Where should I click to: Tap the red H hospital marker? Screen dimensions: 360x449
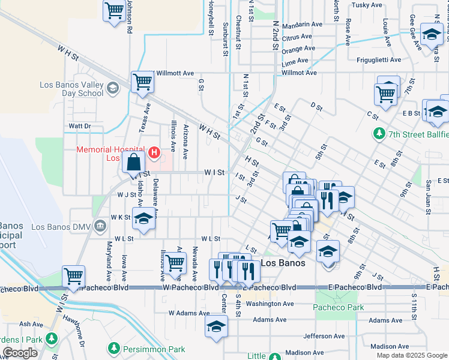(x=154, y=153)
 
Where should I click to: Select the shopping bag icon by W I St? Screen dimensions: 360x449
(x=133, y=162)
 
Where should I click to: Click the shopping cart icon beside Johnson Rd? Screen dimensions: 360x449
(x=113, y=11)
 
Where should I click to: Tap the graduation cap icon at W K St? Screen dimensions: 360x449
(x=144, y=219)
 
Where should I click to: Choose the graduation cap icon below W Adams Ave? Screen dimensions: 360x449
(x=216, y=327)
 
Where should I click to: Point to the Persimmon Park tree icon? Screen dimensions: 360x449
(x=114, y=348)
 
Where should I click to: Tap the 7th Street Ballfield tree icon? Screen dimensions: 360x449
(x=379, y=133)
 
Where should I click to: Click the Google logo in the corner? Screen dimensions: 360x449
(x=20, y=353)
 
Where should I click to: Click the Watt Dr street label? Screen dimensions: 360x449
(x=79, y=126)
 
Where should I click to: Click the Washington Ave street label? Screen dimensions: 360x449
(x=270, y=304)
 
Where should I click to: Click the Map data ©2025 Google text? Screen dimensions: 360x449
(x=411, y=355)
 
